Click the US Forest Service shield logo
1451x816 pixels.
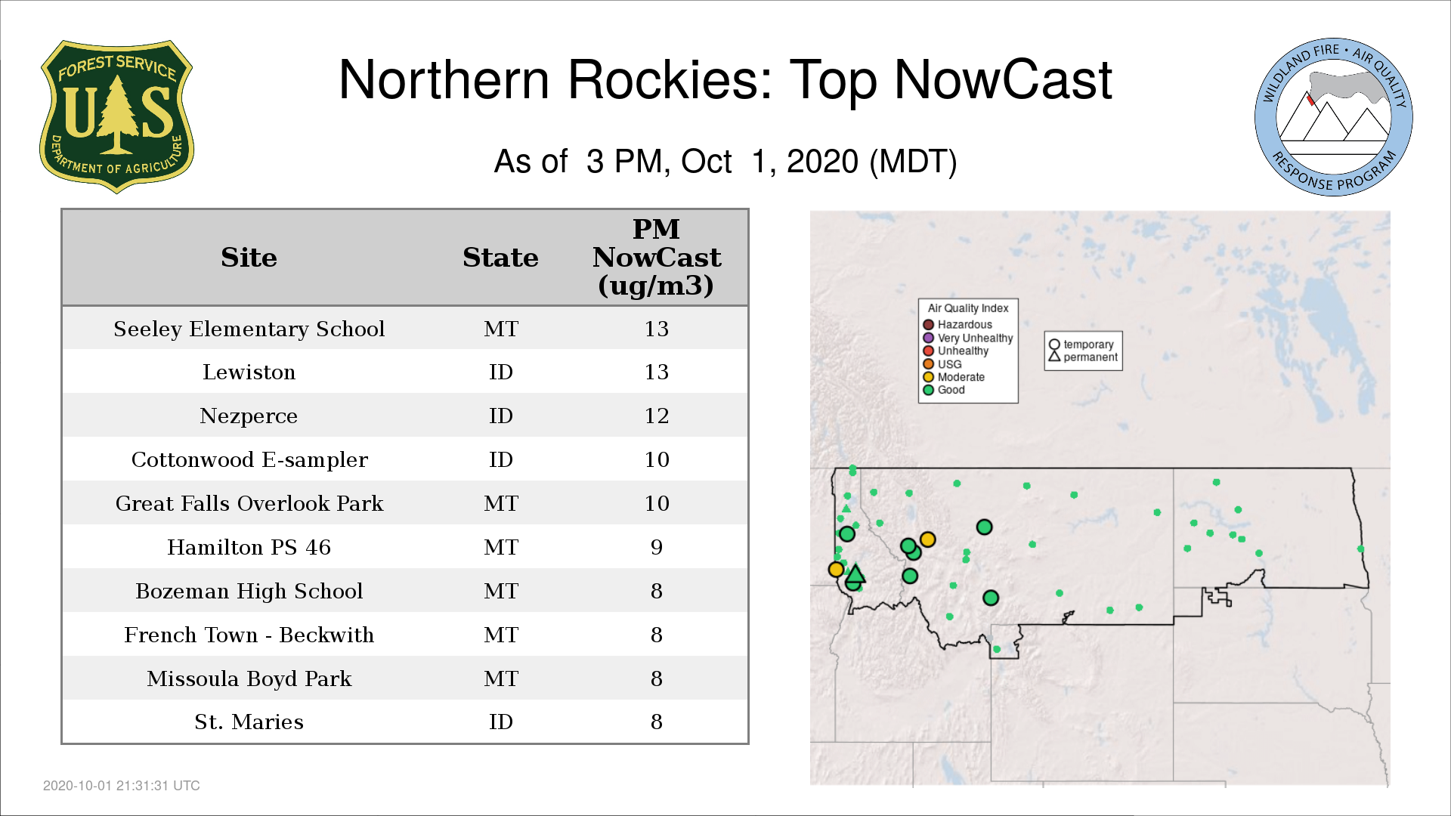click(x=116, y=116)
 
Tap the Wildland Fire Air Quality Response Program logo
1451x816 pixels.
click(x=1333, y=117)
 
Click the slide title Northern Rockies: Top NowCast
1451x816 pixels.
click(x=725, y=80)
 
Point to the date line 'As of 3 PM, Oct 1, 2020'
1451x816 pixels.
click(x=725, y=162)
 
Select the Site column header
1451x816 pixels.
click(x=249, y=258)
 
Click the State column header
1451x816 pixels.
click(x=500, y=258)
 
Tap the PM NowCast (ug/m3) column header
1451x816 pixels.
click(x=656, y=257)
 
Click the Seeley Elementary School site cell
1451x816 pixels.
click(x=249, y=329)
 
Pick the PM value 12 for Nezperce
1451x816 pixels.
click(x=656, y=416)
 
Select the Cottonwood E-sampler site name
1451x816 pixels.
click(x=249, y=460)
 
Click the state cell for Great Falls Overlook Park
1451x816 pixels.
click(x=500, y=504)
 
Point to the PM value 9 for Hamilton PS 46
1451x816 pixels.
click(x=656, y=547)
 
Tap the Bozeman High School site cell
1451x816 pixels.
click(x=249, y=591)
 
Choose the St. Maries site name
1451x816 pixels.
click(x=249, y=722)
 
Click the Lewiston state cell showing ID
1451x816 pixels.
click(x=500, y=372)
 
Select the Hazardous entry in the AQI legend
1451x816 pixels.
click(x=958, y=325)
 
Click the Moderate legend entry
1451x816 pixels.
click(x=954, y=377)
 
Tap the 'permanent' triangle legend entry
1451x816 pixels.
click(x=1083, y=357)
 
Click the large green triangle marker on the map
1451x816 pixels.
click(x=855, y=573)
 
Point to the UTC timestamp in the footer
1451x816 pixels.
click(x=122, y=786)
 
